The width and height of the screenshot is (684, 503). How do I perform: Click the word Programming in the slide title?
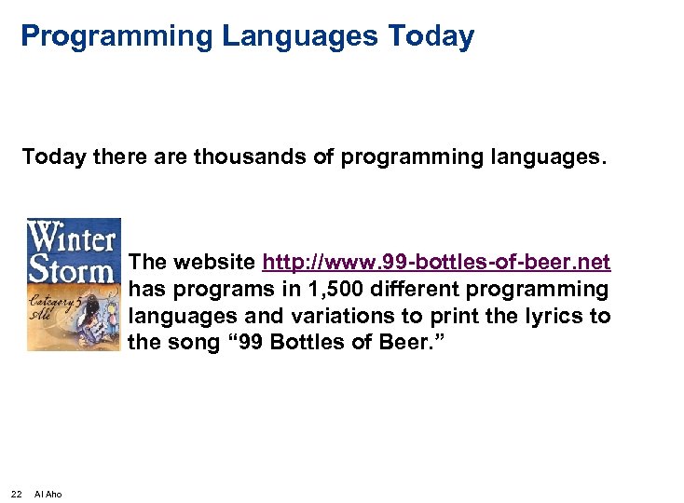pos(117,37)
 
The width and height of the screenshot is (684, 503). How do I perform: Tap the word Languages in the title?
pos(297,37)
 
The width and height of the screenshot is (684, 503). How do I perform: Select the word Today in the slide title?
pos(431,37)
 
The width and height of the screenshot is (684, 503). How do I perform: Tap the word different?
pos(430,289)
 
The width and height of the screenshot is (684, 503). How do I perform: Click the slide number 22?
pos(16,494)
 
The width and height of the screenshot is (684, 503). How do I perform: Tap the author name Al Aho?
pos(48,494)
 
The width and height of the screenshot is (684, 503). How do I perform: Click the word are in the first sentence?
pos(171,156)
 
